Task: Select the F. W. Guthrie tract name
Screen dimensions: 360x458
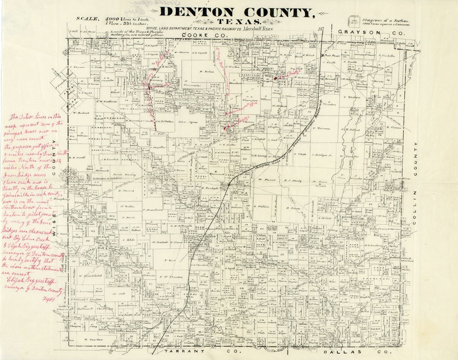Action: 106,101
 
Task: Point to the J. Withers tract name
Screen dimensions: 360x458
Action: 352,97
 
